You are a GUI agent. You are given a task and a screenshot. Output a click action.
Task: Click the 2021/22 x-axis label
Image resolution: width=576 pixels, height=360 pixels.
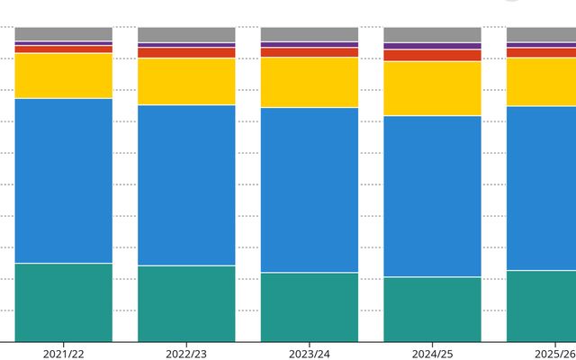tap(63, 354)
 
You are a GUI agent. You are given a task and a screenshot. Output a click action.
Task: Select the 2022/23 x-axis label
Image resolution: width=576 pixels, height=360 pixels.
tap(186, 354)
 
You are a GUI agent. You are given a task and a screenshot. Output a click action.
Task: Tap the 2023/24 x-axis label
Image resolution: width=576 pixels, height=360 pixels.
tap(310, 354)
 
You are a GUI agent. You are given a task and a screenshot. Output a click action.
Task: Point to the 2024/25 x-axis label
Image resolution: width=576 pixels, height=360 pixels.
tap(432, 354)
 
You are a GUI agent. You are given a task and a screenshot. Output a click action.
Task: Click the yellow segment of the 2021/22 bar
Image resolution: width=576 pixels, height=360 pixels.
tap(64, 76)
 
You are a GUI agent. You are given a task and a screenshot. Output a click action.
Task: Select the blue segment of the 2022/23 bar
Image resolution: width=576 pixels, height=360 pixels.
tap(186, 185)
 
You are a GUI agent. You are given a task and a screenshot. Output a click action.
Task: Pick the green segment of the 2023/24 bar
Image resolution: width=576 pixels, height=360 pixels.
tap(310, 307)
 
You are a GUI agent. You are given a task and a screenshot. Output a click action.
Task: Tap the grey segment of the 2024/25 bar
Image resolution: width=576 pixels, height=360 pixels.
tap(432, 34)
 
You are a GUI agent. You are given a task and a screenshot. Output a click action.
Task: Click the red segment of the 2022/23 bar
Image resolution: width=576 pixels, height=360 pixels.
tap(186, 52)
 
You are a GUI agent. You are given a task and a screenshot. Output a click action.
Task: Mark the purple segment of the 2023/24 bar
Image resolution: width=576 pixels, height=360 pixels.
tap(310, 44)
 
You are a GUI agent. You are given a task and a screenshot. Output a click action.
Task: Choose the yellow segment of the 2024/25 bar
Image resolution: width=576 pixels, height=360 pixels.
tap(432, 88)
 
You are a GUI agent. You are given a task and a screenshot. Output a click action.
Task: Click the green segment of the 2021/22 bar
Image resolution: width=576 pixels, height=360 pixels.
tap(64, 302)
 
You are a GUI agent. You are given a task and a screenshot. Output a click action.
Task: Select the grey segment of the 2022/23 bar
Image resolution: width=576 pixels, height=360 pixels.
tap(186, 34)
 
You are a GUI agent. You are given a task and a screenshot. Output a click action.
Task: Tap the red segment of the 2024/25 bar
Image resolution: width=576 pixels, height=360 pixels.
tap(432, 56)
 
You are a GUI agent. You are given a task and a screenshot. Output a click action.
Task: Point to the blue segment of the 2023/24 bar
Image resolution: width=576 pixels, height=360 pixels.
tap(310, 190)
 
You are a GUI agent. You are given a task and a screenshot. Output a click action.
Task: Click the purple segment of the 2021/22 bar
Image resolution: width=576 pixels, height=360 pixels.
tap(64, 43)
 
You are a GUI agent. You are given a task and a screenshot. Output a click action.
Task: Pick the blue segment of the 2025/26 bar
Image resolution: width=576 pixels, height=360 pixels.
tap(542, 188)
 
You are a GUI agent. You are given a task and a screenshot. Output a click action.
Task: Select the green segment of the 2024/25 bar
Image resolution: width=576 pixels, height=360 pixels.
tap(432, 310)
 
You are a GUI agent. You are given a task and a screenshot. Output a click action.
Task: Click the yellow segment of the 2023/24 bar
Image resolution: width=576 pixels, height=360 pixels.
tap(310, 82)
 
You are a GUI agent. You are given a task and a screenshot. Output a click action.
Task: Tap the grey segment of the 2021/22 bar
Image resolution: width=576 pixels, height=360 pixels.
tap(64, 34)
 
